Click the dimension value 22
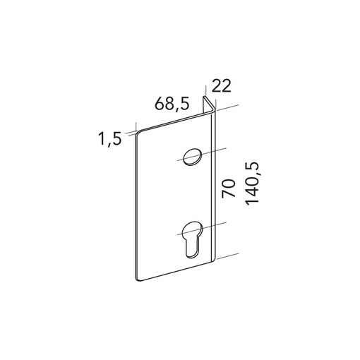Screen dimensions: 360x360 click(x=222, y=86)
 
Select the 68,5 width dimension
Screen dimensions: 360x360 click(x=172, y=104)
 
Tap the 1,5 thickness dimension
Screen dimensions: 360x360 click(x=110, y=139)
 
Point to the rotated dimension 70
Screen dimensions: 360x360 click(x=229, y=188)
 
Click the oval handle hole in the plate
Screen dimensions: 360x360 click(x=193, y=157)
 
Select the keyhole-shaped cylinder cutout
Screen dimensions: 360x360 click(x=193, y=239)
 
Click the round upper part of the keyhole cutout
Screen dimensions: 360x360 click(x=193, y=229)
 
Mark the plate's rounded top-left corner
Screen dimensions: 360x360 click(x=138, y=133)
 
